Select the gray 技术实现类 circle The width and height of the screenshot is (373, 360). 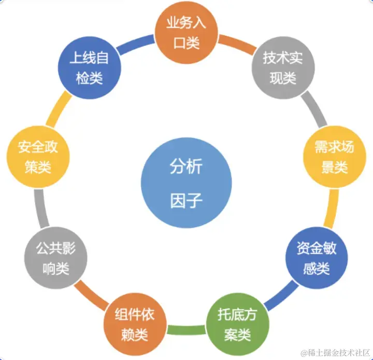[x=279, y=68]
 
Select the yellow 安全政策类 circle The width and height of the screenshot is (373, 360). [x=38, y=157]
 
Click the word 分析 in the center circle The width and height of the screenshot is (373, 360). [x=186, y=167]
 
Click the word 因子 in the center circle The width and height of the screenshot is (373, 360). [x=186, y=200]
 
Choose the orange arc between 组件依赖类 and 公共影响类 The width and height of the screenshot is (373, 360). [x=88, y=297]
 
